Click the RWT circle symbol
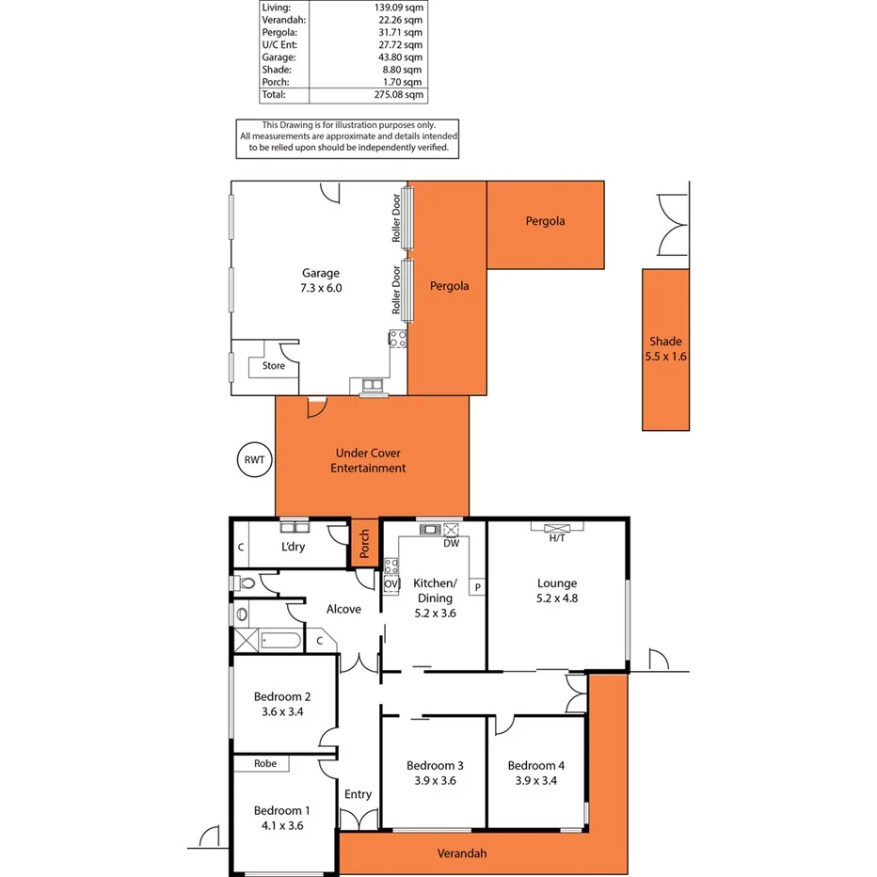pos(254,460)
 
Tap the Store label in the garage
pos(273,366)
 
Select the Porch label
pos(364,544)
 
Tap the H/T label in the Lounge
pos(557,538)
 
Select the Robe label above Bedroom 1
pos(265,763)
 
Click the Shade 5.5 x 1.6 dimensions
pos(665,357)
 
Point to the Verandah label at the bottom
pos(462,853)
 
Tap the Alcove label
pos(343,609)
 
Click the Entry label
pos(358,794)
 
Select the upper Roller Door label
pos(396,219)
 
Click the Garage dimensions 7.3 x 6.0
pos(321,289)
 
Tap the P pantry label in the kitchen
pos(478,588)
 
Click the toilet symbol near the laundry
pos(247,583)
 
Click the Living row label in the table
pos(277,7)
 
